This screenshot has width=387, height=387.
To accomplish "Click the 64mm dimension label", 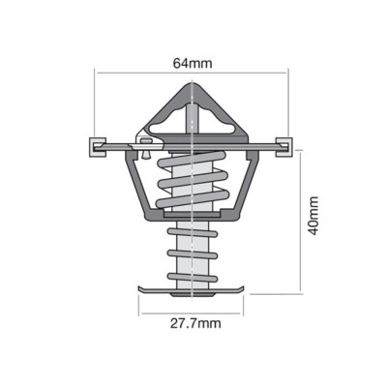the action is pyautogui.click(x=193, y=63).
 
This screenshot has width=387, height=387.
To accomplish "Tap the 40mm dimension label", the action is pyautogui.click(x=313, y=216).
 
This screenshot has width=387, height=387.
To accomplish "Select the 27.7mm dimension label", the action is pyautogui.click(x=195, y=323).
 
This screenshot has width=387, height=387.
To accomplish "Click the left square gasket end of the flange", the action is pyautogui.click(x=98, y=147).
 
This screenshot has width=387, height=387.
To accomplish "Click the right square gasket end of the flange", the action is pyautogui.click(x=284, y=147).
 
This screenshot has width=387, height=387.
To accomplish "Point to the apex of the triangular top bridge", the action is pyautogui.click(x=193, y=83).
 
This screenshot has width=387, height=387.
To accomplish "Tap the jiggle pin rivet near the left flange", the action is pyautogui.click(x=146, y=148).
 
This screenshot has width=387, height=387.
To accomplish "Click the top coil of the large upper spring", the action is pyautogui.click(x=192, y=159).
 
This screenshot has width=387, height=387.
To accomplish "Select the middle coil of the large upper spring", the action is pyautogui.click(x=193, y=179).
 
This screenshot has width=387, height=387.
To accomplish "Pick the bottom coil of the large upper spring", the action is pyautogui.click(x=193, y=198).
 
